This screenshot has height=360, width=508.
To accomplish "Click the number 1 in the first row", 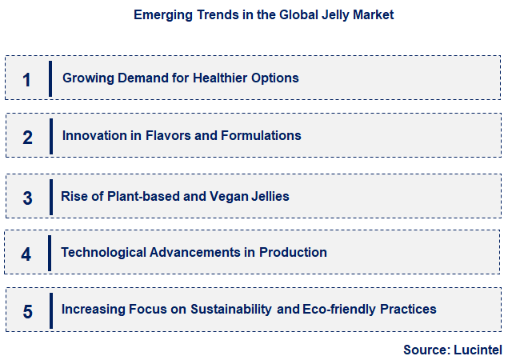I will (x=27, y=79).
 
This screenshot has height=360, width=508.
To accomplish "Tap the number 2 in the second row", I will (x=27, y=137).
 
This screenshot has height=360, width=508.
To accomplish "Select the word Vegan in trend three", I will (x=229, y=196).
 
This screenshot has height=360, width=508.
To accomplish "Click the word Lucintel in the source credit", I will (x=478, y=349).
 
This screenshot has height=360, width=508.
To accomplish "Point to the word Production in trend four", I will (x=293, y=253).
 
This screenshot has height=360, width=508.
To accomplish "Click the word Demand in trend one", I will (x=137, y=78).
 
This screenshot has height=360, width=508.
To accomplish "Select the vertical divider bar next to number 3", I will (x=50, y=196).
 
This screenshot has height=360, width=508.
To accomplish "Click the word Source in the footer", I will (x=427, y=349).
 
